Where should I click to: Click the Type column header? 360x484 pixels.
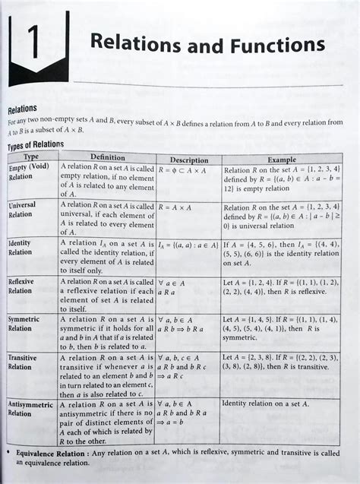(x=30, y=156)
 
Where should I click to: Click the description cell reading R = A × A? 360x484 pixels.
(x=176, y=206)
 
